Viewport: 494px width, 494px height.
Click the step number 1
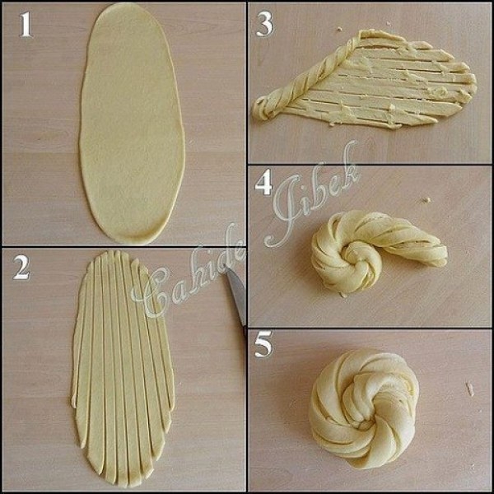point(26,26)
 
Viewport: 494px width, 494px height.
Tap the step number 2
point(21,268)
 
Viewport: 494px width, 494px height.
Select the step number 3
point(264,26)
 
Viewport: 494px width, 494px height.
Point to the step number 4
point(263,183)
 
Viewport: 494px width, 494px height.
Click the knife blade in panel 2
point(237,296)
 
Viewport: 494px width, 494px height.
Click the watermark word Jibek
point(312,195)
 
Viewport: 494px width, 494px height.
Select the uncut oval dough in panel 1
point(132,123)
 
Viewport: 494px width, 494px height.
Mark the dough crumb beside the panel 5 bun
point(470,389)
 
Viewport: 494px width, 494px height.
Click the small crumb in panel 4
point(426,200)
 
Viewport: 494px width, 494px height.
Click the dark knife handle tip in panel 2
point(245,333)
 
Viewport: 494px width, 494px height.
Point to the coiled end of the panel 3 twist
point(263,109)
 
